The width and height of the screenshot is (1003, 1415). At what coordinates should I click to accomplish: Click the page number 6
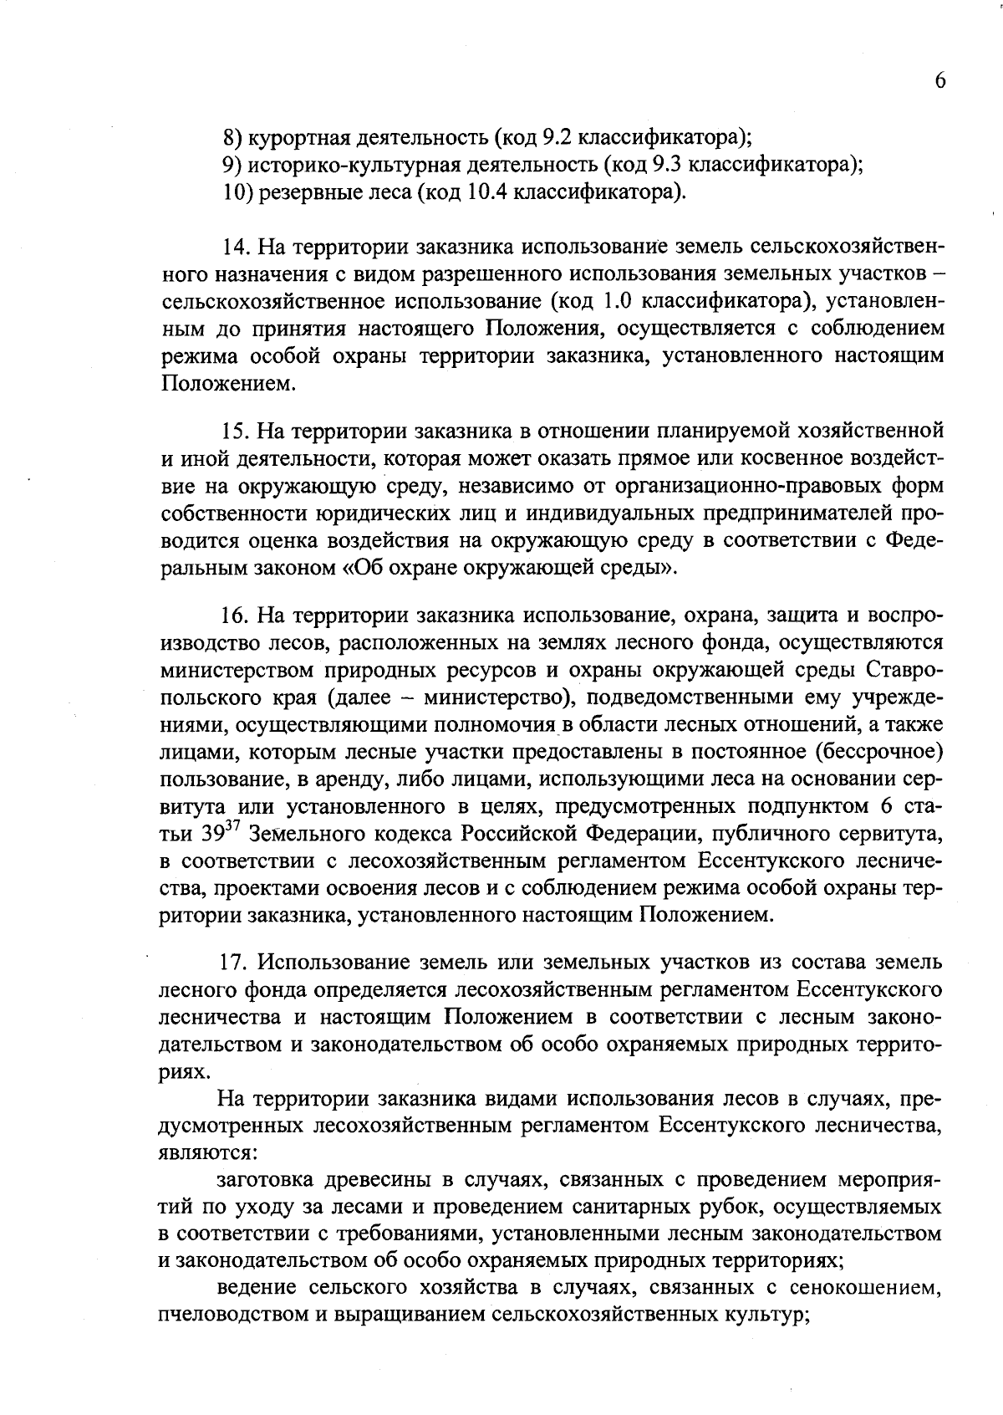[x=939, y=80]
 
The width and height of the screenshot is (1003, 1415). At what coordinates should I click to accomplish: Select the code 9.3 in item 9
[x=672, y=163]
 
